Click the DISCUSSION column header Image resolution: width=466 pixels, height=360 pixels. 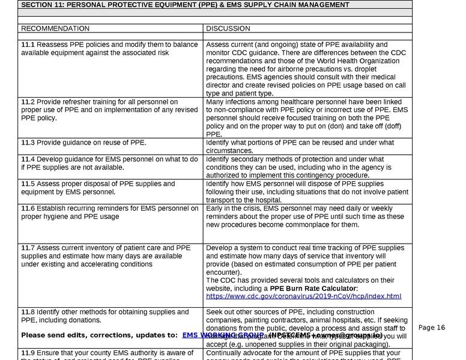pos(228,28)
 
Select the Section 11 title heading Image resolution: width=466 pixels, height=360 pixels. pos(185,5)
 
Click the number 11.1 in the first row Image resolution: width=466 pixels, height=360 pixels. pos(28,45)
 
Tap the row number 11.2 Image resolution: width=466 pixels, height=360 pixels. pos(28,103)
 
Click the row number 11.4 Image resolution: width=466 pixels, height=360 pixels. pos(28,159)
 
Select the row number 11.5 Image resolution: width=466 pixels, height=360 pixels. pos(28,184)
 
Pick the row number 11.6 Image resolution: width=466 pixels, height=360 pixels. pos(28,208)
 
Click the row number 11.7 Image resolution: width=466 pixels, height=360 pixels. pos(28,248)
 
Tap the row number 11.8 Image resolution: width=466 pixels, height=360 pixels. pos(28,312)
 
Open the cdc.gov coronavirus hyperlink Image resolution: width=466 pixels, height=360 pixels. pos(303,296)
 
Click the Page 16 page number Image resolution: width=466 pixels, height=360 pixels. pos(431,328)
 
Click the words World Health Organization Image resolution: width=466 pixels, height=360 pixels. pos(354,61)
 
